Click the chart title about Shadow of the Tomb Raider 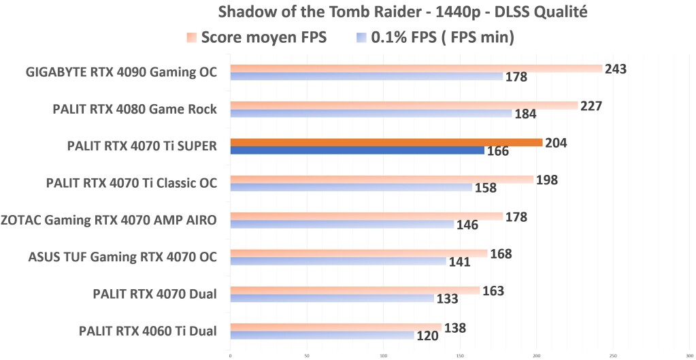click(x=403, y=12)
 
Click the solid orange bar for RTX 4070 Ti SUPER click(x=386, y=142)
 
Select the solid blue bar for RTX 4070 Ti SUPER click(x=357, y=150)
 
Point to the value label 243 click(x=615, y=69)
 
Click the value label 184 click(x=525, y=114)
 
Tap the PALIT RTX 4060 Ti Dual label click(x=148, y=331)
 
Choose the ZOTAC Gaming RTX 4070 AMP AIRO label click(x=109, y=220)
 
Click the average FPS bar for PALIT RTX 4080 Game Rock click(x=403, y=105)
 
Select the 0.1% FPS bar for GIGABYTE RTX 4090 click(x=366, y=76)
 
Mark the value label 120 click(x=427, y=336)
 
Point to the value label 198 click(x=547, y=180)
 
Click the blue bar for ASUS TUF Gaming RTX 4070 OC click(x=338, y=261)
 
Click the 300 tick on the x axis click(x=689, y=355)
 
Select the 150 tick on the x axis click(x=460, y=355)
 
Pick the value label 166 click(x=498, y=150)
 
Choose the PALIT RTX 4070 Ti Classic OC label click(x=131, y=183)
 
